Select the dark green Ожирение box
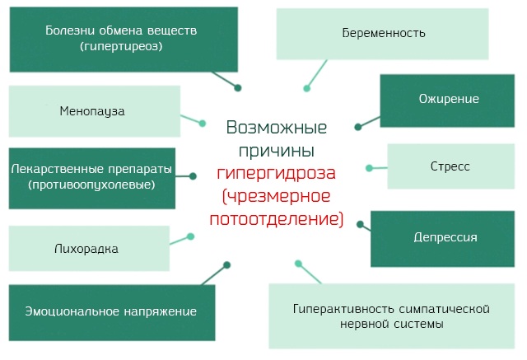click(449, 100)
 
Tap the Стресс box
click(450, 166)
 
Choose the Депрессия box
click(445, 238)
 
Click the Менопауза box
click(92, 110)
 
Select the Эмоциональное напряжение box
click(110, 311)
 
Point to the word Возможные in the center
click(276, 129)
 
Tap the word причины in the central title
click(277, 151)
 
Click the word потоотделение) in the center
click(277, 219)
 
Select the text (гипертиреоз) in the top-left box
click(121, 47)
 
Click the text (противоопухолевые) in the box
click(91, 185)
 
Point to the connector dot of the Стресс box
click(370, 168)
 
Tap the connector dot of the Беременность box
click(306, 87)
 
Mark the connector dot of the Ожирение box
click(358, 127)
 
